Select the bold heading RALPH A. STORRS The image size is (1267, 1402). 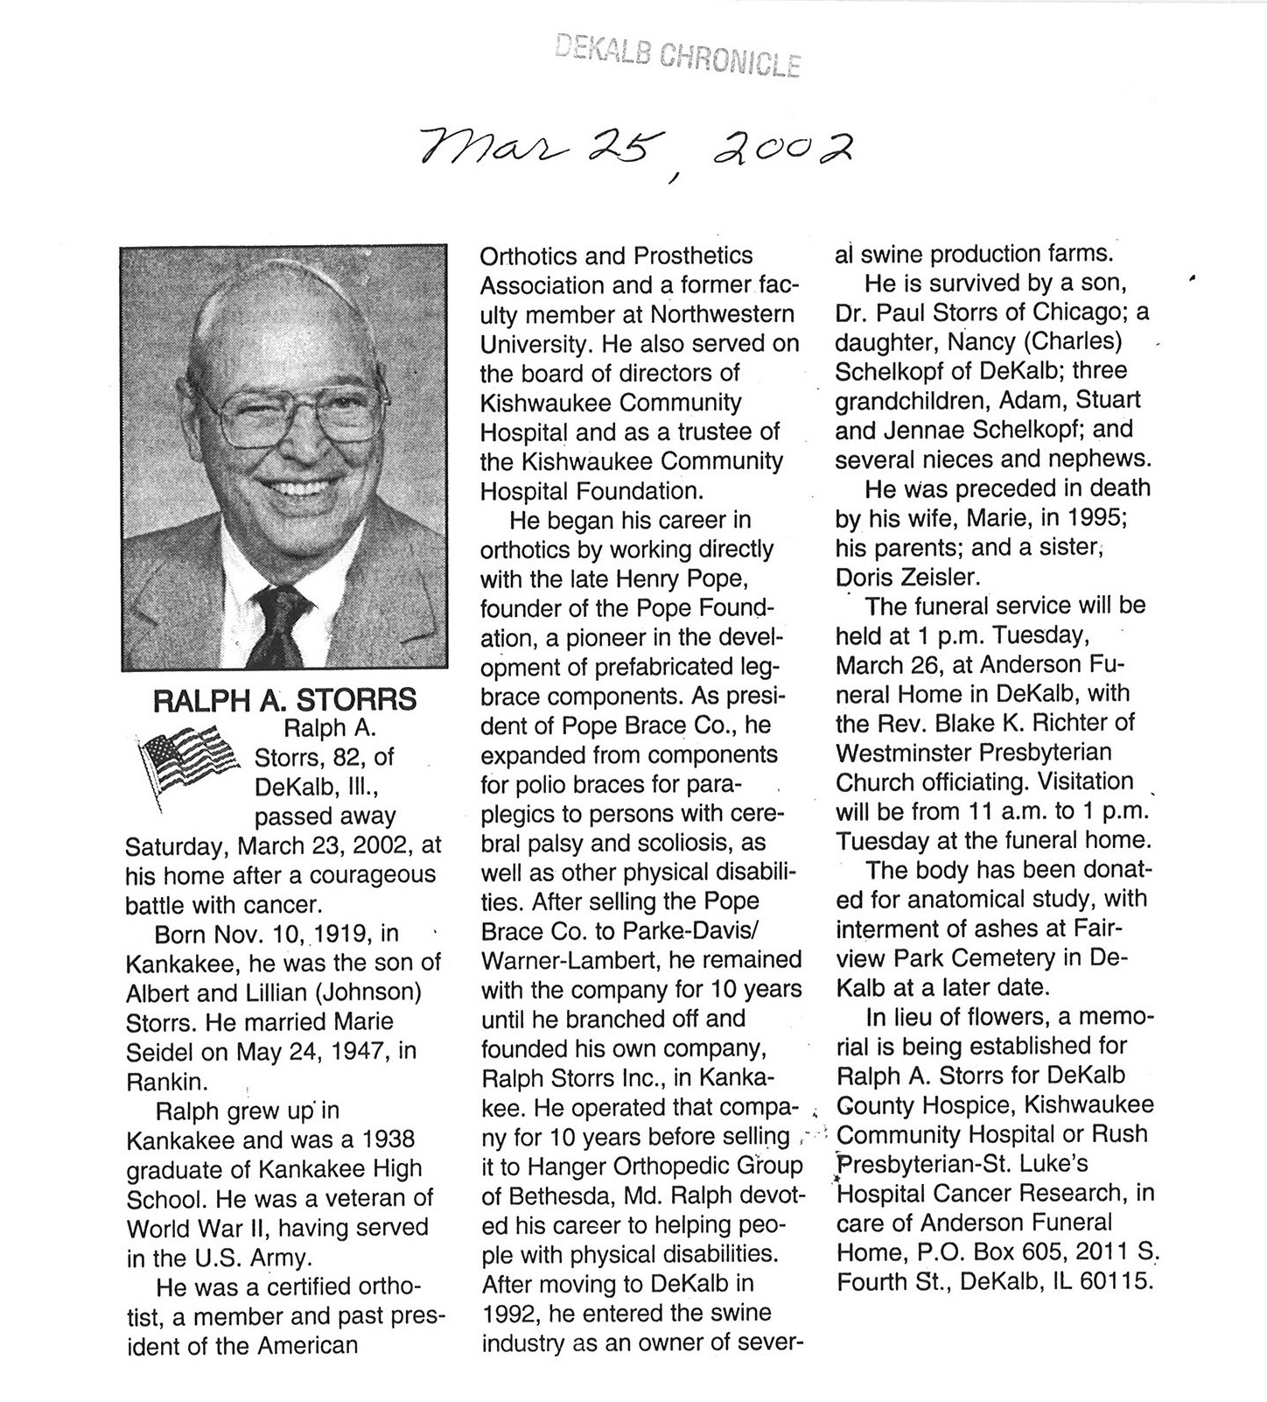[284, 700]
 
